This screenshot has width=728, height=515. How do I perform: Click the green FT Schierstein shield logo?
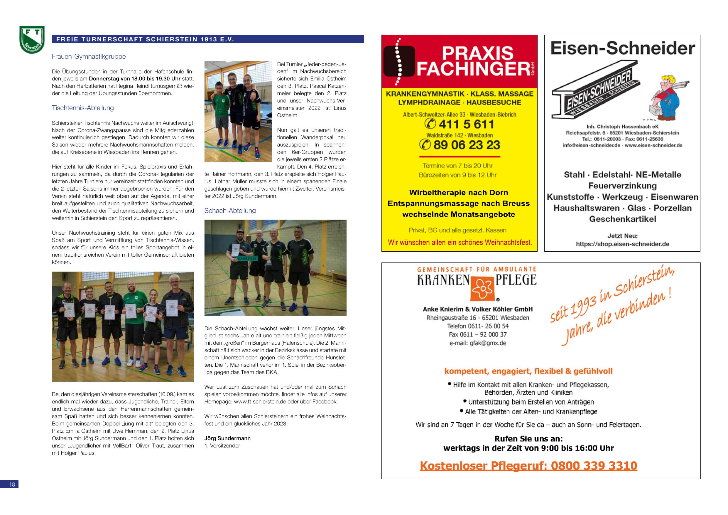coord(32,40)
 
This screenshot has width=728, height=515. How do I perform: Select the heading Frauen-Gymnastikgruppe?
coord(89,57)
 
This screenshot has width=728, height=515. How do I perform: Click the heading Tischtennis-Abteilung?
coord(83,108)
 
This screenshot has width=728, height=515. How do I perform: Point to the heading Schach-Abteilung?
coord(230,211)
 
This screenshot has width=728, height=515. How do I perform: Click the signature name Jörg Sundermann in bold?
coord(227,438)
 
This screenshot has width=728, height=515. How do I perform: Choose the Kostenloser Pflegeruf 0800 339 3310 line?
coord(528,466)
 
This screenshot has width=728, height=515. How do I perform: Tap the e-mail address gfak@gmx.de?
coord(478,343)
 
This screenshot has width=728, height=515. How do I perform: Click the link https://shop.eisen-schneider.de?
coord(622,244)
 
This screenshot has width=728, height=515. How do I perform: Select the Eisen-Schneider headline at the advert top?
coord(622,48)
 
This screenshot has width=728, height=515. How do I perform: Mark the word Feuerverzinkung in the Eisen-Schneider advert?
coord(622,186)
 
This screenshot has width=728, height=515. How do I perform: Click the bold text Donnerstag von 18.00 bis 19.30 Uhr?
coord(134,79)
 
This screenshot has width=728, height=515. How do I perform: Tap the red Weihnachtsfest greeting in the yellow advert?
coord(460,243)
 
